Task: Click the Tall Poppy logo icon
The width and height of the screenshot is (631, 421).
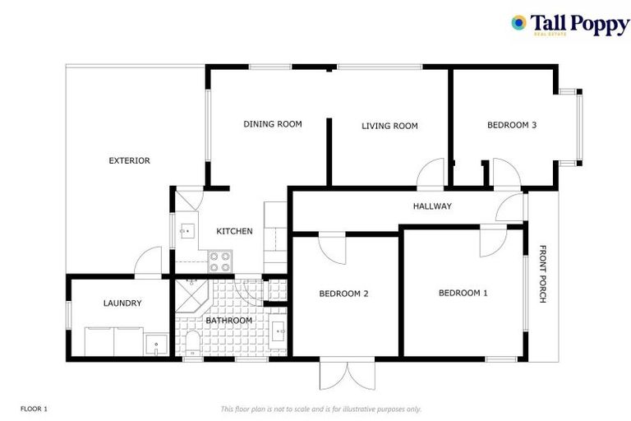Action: point(518,23)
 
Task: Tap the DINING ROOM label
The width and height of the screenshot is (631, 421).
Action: point(272,124)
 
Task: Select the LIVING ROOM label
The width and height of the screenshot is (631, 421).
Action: point(389,126)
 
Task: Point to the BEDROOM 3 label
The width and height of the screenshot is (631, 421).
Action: point(511,125)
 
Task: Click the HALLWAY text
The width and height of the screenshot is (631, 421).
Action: point(431,206)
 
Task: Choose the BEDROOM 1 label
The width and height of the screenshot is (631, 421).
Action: point(463,293)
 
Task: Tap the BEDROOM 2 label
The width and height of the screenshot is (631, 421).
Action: point(343,294)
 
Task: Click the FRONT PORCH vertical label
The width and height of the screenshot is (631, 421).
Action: point(542,275)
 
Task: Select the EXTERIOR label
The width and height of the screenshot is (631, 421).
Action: point(129,160)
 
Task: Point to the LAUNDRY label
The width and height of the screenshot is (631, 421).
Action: point(122,303)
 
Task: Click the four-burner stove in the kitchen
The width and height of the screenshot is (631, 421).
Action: point(219,261)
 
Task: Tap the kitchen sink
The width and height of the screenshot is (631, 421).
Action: point(186,231)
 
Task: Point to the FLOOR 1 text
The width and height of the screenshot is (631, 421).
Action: point(35,408)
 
